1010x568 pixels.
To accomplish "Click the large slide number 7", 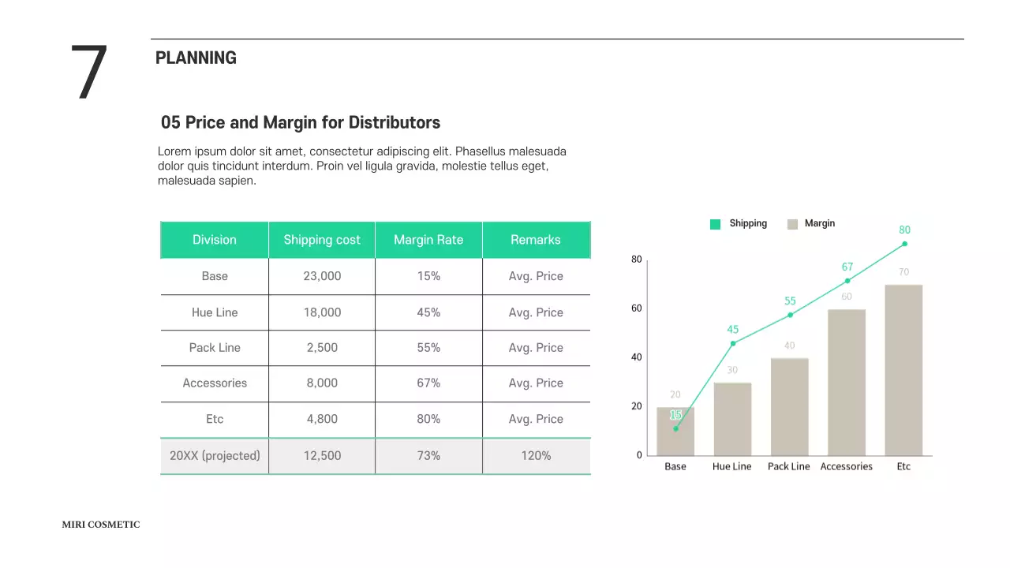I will [x=88, y=73].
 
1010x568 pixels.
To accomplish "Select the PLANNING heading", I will [x=196, y=58].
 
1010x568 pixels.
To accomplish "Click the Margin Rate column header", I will [x=428, y=240].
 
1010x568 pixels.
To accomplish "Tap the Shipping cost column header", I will [x=322, y=240].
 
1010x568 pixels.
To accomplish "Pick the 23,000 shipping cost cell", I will [x=322, y=276].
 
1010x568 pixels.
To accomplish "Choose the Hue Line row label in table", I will [x=215, y=312].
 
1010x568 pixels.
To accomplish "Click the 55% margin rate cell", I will [x=428, y=348].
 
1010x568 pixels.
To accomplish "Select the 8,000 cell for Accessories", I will [x=322, y=383].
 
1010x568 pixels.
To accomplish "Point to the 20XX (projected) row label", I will [x=215, y=456].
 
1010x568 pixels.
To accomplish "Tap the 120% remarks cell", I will [x=536, y=456].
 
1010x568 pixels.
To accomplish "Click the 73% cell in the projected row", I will [x=428, y=456].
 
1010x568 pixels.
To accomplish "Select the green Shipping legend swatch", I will [x=715, y=224].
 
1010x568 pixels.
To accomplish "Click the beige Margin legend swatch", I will [x=792, y=224].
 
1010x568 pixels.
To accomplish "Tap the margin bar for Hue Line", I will [x=732, y=418].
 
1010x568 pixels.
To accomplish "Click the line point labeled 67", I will [x=847, y=281].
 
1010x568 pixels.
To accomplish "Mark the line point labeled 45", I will [x=733, y=343].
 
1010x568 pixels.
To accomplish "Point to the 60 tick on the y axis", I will [x=636, y=308].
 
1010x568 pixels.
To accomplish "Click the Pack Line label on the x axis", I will [x=789, y=466].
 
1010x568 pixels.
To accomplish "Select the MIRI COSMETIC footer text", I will [x=101, y=525].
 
